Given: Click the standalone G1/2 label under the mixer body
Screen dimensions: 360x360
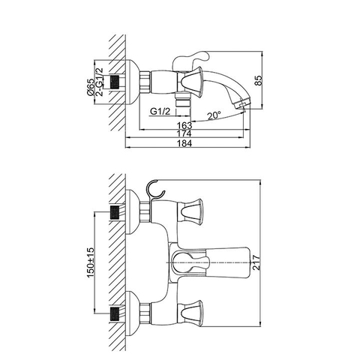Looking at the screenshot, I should pos(159,111).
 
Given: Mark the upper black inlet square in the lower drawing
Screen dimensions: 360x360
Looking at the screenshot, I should pos(115,212).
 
